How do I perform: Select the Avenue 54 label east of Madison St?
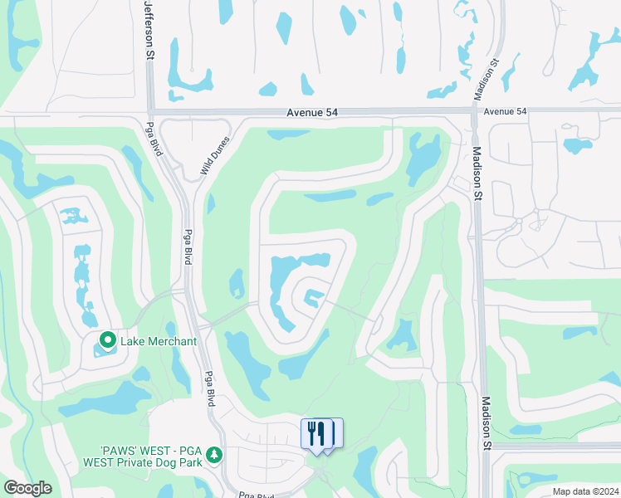(x=505, y=111)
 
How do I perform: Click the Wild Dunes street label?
(x=213, y=156)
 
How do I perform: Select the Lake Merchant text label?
(x=159, y=341)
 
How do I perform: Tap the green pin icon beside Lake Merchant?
(x=107, y=340)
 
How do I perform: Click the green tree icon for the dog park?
(x=214, y=455)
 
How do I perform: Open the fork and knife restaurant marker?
(x=316, y=434)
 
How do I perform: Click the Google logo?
(x=27, y=487)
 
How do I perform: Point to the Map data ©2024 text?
(x=585, y=491)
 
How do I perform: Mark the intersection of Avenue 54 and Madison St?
(x=475, y=110)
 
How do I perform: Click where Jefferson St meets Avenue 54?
(x=150, y=111)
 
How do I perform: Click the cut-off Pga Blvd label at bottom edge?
(x=257, y=495)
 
